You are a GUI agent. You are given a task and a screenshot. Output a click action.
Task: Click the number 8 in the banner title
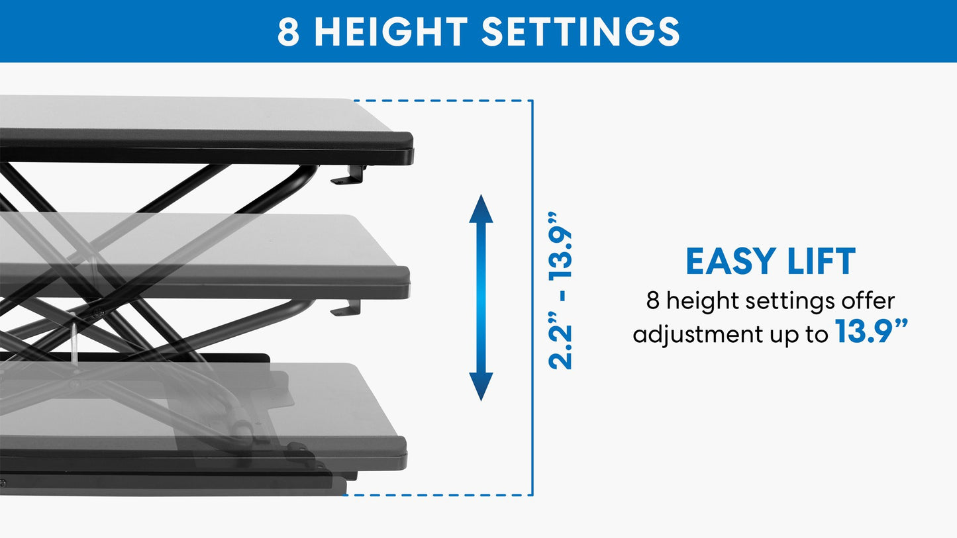point(288,31)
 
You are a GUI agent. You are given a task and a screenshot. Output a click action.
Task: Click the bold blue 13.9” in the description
point(870,332)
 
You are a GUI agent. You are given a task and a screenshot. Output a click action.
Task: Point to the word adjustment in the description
point(697,335)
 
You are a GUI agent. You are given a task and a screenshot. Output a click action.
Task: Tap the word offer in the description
point(868,301)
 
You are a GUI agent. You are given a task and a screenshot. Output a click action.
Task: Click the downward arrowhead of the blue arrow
point(481,387)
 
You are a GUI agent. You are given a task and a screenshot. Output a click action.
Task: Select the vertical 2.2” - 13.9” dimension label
point(560,291)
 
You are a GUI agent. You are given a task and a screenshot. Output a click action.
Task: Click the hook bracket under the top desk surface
point(350,176)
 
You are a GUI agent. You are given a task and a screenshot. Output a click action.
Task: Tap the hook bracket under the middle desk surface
point(348,308)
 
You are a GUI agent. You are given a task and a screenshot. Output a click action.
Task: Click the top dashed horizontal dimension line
point(444,101)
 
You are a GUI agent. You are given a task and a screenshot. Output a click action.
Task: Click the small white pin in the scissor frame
point(74,343)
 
